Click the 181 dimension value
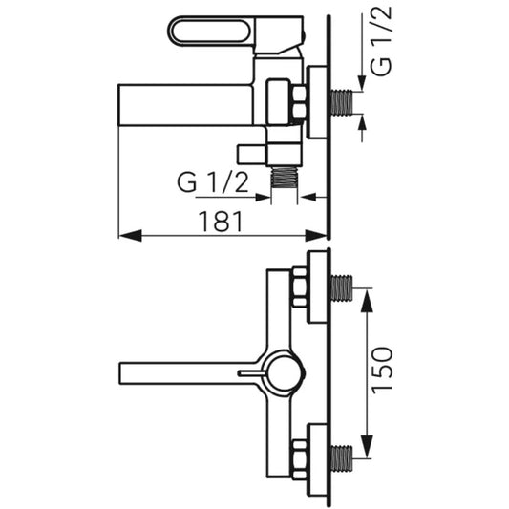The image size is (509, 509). [x=221, y=222]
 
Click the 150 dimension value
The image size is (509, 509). [x=382, y=371]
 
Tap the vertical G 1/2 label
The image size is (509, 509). [x=381, y=41]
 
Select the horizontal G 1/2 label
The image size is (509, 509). [x=213, y=182]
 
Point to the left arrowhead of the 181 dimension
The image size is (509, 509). [x=130, y=235]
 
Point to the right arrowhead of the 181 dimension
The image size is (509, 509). [x=316, y=235]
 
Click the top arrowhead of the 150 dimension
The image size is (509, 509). [x=367, y=300]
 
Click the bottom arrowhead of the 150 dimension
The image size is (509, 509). [x=367, y=446]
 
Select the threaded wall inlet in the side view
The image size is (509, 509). [x=342, y=102]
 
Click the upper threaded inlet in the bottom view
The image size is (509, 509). [x=342, y=288]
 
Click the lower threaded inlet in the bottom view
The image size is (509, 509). [x=342, y=458]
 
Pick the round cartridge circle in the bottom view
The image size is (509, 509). [x=286, y=373]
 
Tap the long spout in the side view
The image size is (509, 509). [x=185, y=105]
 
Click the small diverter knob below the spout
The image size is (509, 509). [x=252, y=155]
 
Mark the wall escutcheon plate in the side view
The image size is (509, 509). [x=317, y=102]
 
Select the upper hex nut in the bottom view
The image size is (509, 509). [x=299, y=286]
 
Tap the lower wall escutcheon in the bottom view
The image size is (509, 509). [x=317, y=460]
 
